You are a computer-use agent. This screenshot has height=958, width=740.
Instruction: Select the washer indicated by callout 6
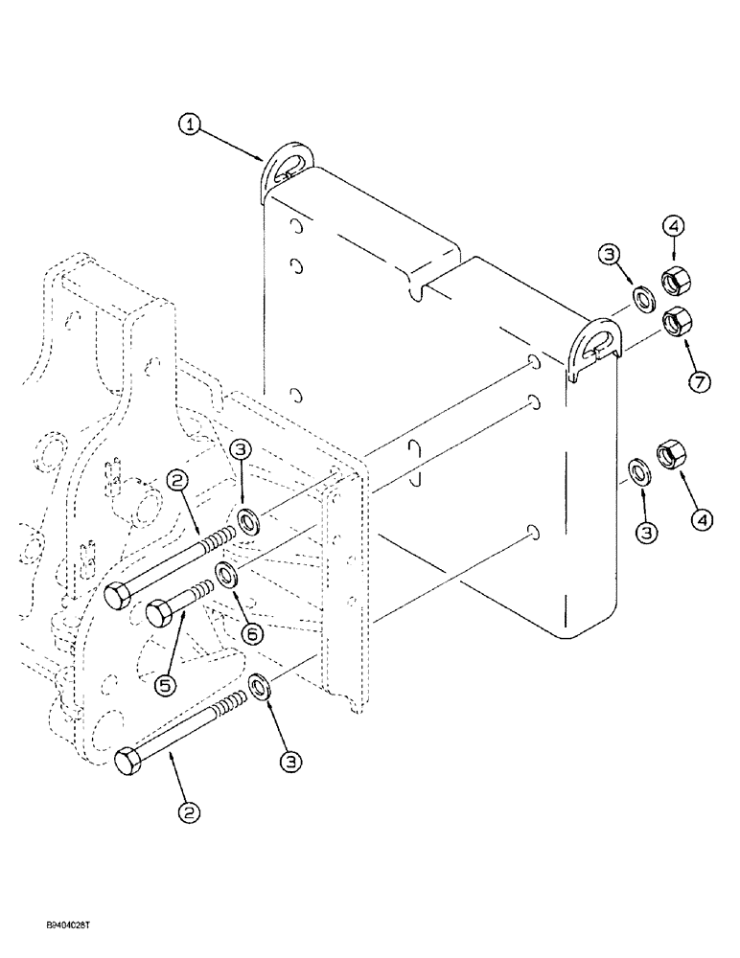228,576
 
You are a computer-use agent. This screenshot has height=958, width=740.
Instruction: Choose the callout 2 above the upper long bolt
177,482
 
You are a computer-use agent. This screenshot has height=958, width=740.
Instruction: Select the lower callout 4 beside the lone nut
703,520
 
